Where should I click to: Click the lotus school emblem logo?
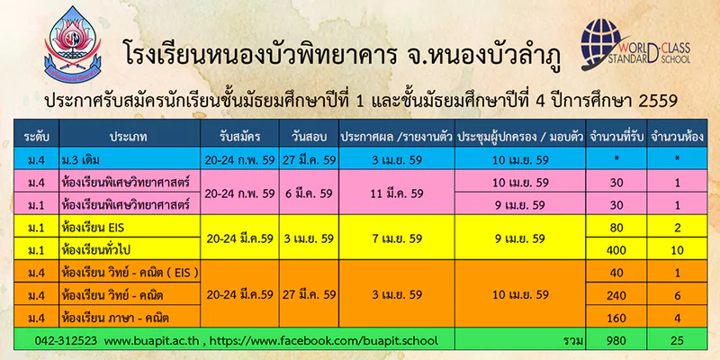tap(73, 44)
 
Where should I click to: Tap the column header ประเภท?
tap(129, 137)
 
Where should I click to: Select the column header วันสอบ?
tap(308, 137)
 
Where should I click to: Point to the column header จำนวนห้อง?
tap(677, 137)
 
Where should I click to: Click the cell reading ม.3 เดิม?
tap(80, 160)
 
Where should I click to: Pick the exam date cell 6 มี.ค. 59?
tap(309, 193)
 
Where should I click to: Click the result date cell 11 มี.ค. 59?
tap(397, 193)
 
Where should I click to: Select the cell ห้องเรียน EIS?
tap(93, 228)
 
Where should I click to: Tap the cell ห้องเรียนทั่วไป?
tap(97, 250)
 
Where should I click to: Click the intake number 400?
tap(617, 250)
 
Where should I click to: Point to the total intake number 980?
tap(617, 341)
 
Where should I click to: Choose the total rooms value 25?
tap(677, 341)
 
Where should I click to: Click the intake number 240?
tap(617, 295)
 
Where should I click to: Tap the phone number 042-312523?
tap(66, 341)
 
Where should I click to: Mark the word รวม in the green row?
tap(574, 341)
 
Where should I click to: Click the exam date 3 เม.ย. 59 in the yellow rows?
tap(309, 238)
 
